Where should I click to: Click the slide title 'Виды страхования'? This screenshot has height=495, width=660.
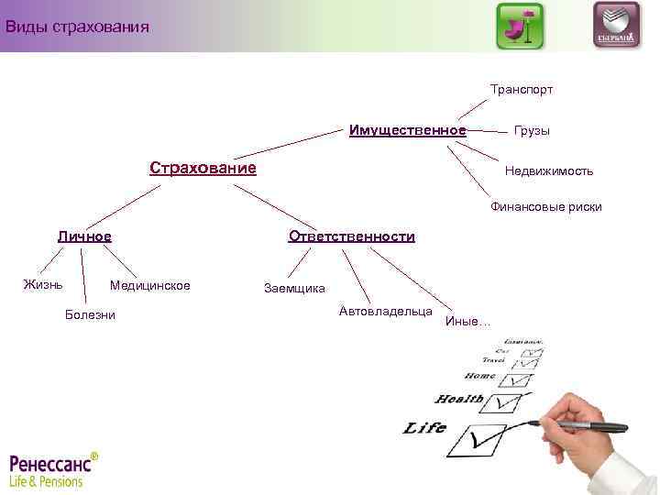point(77,26)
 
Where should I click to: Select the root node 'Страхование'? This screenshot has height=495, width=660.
point(203,169)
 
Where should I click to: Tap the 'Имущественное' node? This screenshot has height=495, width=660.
point(407,129)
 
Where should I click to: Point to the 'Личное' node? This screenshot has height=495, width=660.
point(84,236)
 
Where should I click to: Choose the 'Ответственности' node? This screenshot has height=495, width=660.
point(351,236)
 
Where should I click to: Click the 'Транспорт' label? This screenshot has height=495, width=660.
point(521,90)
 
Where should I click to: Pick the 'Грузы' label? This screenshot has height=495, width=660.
point(532,131)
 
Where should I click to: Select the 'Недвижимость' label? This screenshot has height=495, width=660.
point(548,171)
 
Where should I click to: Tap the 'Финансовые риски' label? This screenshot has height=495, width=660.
point(545,207)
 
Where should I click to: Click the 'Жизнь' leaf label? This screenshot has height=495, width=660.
point(43,284)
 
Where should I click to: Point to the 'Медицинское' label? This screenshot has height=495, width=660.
point(149,286)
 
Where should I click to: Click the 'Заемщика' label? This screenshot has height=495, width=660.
point(293,289)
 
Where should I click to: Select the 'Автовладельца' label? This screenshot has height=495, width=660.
point(385,312)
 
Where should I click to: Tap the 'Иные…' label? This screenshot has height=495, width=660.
point(467,321)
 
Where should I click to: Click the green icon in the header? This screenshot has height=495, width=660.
point(519,26)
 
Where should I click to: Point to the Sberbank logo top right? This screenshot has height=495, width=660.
point(616,26)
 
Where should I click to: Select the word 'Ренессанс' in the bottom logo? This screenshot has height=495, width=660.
point(50,462)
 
